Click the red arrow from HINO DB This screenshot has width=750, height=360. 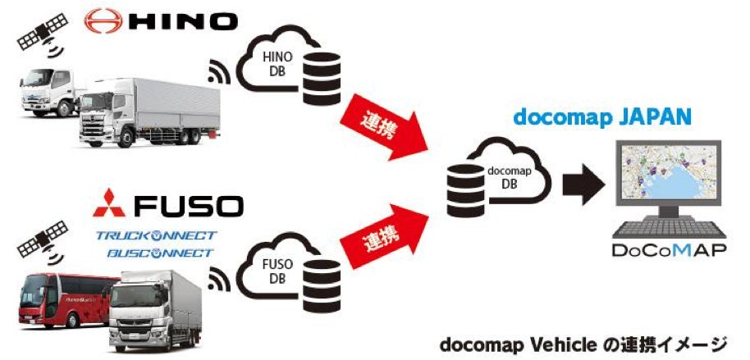tap(383, 121)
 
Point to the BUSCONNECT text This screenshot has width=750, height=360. tap(157, 253)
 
